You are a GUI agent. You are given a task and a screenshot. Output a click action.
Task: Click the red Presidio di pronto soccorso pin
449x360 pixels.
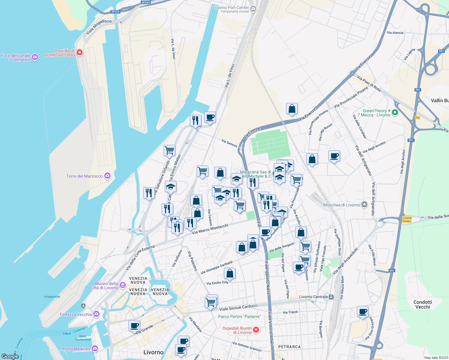pos(80,52)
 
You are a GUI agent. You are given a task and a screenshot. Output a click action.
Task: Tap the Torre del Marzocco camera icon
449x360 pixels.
pos(107,176)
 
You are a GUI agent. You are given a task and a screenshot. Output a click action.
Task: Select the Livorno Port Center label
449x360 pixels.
pos(231,8)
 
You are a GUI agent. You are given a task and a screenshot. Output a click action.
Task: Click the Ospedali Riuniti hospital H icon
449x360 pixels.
pos(256,330)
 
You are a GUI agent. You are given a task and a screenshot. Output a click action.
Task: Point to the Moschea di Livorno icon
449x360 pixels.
pos(364,205)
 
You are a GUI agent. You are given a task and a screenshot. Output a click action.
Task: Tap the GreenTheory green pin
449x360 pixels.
pos(395,112)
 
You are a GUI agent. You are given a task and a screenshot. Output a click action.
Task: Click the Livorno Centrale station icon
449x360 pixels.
pos(331,297)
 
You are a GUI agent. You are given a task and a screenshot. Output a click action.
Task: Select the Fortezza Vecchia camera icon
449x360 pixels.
pos(96,314)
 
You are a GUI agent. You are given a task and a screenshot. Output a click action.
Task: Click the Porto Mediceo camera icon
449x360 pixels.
pos(95,349)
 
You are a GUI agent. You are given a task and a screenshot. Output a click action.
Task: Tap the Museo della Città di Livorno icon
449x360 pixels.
pos(122,285)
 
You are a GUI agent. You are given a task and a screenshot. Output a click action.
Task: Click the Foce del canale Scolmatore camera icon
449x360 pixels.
pos(35,57)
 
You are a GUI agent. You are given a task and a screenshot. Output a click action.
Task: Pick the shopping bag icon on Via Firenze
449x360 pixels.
pos(292,109)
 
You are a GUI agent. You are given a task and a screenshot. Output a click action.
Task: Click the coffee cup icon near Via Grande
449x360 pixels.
pos(134,326)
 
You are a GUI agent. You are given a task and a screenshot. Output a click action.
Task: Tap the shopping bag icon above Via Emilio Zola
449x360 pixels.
pos(230,273)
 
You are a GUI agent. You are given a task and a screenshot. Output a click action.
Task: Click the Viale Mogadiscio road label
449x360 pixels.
pos(99,27)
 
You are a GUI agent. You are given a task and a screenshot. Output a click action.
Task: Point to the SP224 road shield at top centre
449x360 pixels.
pos(146,2)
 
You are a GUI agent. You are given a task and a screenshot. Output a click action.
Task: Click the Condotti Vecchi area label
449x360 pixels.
pos(423,304)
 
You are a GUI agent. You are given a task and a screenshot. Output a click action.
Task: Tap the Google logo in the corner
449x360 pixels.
pos(10,356)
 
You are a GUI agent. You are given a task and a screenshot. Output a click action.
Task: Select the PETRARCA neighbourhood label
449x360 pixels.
pos(289,347)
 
